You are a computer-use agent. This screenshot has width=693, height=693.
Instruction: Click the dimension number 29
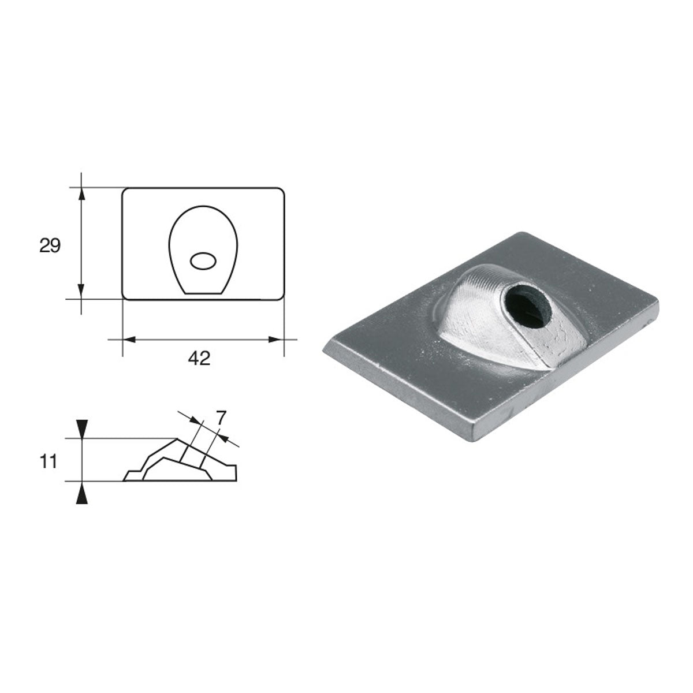tap(50, 246)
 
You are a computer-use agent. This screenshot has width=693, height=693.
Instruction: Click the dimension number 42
tap(199, 358)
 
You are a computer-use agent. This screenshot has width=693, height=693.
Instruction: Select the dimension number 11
tap(49, 461)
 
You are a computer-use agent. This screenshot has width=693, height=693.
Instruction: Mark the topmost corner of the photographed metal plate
tap(521, 233)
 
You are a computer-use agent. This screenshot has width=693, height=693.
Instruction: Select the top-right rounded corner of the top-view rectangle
tap(281, 191)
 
